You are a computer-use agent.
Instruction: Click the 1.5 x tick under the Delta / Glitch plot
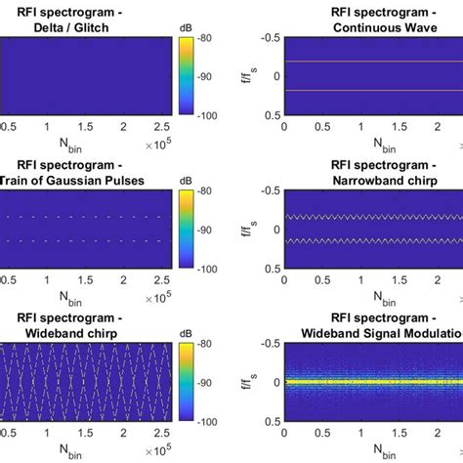click(x=85, y=127)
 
